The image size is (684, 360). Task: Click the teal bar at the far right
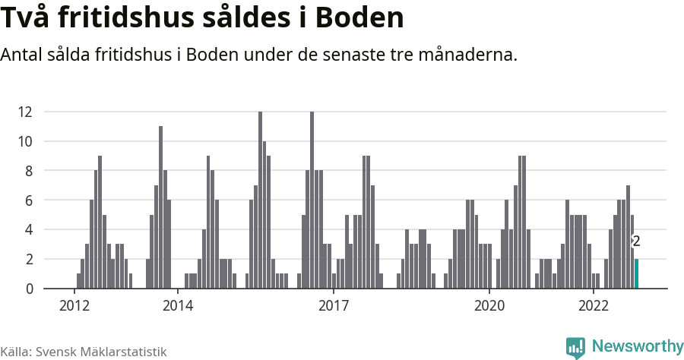[x=637, y=273]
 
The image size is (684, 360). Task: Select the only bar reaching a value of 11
[x=160, y=207]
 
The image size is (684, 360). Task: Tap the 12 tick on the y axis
[x=25, y=112]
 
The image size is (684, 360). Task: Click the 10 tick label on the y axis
[x=25, y=141]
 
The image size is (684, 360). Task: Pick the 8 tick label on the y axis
[x=28, y=171]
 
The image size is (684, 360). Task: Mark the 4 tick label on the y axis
[x=28, y=229]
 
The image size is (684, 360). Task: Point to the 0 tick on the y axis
[x=28, y=289]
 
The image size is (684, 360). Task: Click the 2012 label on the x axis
[x=74, y=306]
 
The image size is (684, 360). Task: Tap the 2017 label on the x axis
[x=333, y=306]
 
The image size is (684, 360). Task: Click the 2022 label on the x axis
[x=593, y=306]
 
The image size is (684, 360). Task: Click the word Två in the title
[x=28, y=18]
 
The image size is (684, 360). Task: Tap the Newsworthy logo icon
[x=575, y=347]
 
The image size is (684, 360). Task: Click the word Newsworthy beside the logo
[x=637, y=346]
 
